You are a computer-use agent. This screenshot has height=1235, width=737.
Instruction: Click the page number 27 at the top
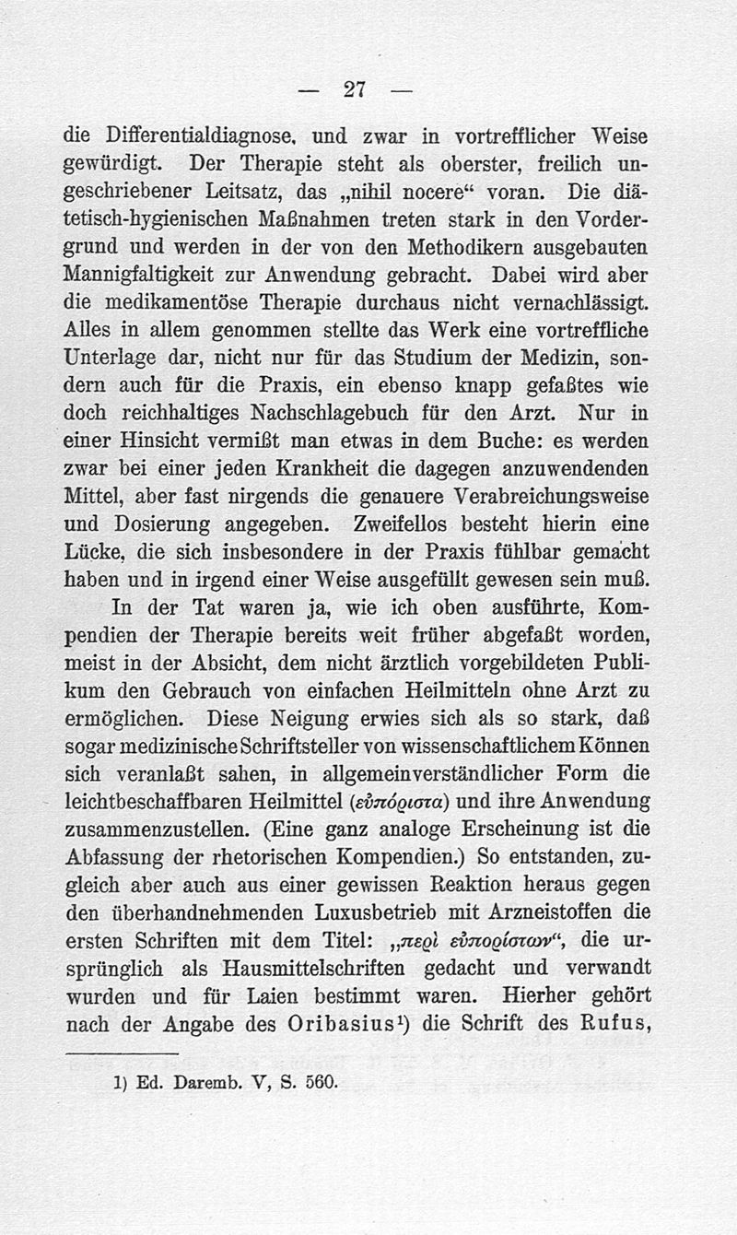[355, 88]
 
